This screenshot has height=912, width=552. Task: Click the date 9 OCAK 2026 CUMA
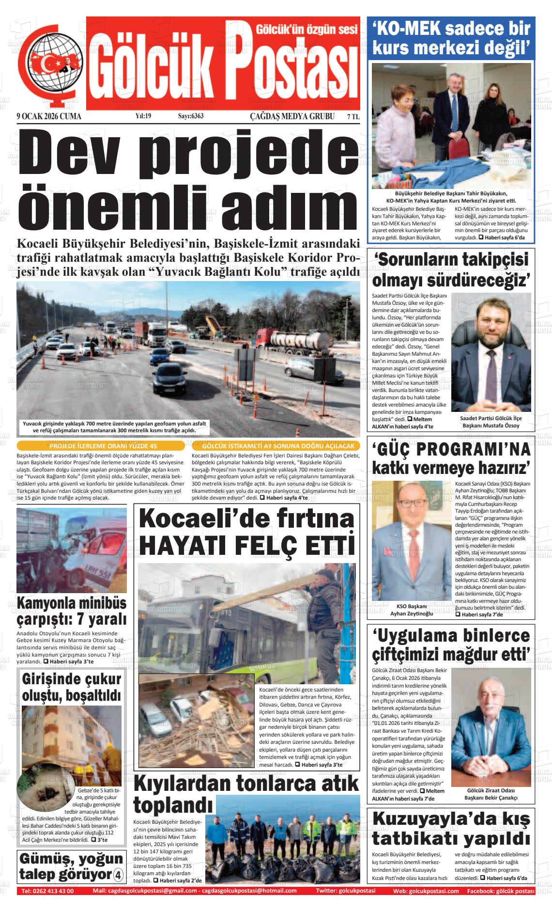(x=48, y=116)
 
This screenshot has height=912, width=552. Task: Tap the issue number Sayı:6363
(x=190, y=116)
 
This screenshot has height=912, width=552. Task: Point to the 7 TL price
(x=353, y=116)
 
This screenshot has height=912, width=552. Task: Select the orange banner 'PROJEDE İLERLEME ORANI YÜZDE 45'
(x=100, y=446)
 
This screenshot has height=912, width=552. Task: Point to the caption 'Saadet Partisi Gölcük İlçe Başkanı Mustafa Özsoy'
(x=491, y=422)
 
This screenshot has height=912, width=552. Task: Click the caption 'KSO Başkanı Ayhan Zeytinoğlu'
(x=411, y=610)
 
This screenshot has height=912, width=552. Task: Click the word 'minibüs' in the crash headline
(x=100, y=603)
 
